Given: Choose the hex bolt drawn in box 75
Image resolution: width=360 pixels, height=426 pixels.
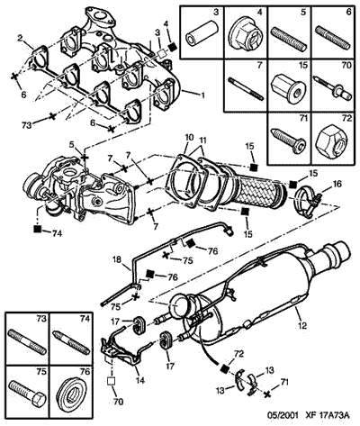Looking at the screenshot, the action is pos(27,390).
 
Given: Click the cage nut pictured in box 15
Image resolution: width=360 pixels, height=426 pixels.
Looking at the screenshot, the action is pos(288,87).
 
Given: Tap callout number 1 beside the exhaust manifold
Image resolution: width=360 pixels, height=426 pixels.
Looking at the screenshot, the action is pos(202,95).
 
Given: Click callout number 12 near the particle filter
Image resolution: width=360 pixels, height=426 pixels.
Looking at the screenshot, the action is pos(302,325).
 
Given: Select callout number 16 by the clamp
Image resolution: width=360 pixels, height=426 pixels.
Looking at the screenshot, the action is pos(337,184).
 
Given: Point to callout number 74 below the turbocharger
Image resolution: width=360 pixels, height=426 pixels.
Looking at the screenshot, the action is pos(57,233).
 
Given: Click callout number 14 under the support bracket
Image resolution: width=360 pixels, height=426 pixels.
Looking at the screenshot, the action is pos(140,380).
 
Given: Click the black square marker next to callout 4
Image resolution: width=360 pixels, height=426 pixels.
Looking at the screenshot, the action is pos(172,47).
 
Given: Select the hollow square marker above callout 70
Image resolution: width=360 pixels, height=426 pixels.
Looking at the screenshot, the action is pos(111,381).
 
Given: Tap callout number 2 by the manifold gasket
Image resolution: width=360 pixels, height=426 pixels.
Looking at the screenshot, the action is pos(21,38).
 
